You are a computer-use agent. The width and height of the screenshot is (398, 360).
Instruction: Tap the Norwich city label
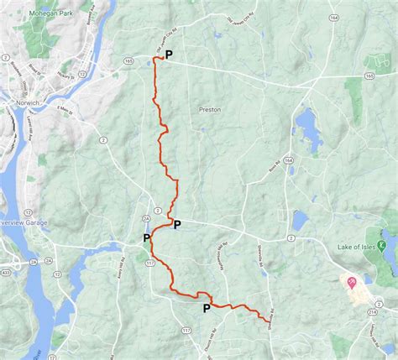pos(16,103)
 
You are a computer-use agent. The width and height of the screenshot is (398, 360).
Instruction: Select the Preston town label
pos(208,108)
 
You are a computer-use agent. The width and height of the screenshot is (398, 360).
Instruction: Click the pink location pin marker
pos(351,283)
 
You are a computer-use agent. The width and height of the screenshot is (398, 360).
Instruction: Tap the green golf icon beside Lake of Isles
pos(381,246)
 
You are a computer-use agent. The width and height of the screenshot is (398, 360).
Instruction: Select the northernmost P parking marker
pos(169,55)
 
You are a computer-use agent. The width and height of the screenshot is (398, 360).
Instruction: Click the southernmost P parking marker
pos(207,308)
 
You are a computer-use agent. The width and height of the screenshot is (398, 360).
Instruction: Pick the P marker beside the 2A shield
pos(146,238)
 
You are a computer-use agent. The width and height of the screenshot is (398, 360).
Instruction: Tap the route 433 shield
pos(6,272)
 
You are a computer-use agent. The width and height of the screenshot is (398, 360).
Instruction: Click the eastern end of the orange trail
pos(269,321)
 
